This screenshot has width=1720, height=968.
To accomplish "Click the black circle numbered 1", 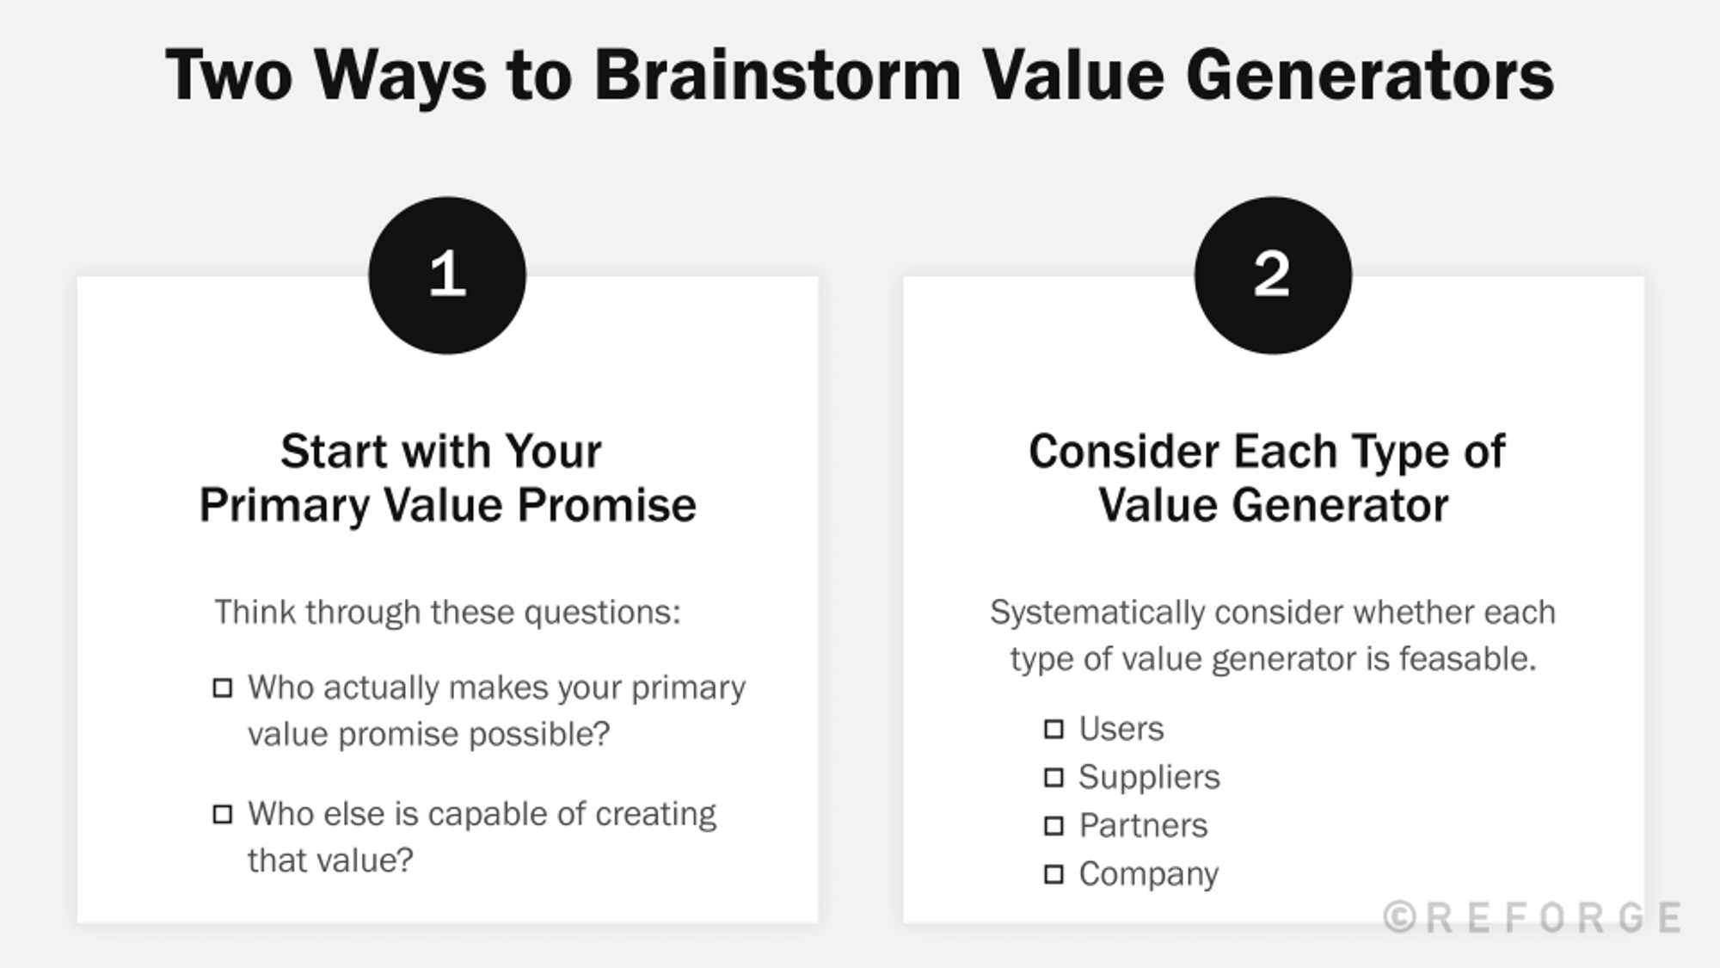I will [x=447, y=275].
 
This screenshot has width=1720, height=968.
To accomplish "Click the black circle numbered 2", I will [x=1273, y=275].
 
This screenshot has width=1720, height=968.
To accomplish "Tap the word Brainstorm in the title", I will [x=777, y=76].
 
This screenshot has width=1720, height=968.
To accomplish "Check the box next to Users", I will [x=1053, y=730].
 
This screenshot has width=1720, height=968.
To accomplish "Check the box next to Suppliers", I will [x=1053, y=778].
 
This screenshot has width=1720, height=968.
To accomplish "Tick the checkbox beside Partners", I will [x=1053, y=826].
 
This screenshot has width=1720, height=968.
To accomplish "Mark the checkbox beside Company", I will [x=1053, y=875].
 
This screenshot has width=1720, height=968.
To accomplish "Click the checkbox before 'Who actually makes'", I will [x=223, y=688].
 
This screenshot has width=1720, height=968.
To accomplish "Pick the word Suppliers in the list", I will [x=1149, y=778].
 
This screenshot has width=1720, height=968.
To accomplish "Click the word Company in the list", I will [x=1148, y=875].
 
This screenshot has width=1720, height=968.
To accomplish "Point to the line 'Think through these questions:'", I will [x=447, y=613].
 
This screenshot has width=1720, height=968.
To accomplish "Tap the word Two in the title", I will [x=229, y=76].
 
